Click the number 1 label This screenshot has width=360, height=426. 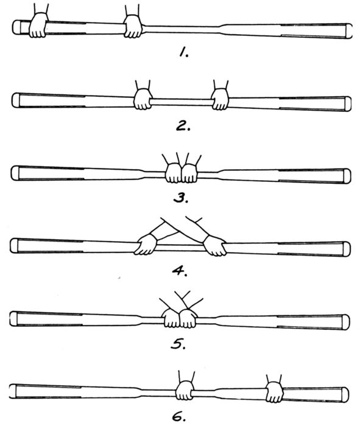click(x=184, y=52)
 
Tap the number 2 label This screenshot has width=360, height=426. click(x=183, y=125)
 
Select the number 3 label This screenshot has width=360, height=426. click(x=181, y=198)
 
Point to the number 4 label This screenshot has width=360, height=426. click(x=180, y=270)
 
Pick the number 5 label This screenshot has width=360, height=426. click(x=178, y=343)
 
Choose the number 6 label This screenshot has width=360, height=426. click(x=179, y=416)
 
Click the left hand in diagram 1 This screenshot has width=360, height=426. click(x=38, y=25)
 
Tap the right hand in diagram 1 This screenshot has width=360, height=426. click(x=133, y=26)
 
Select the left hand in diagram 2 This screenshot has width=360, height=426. click(x=143, y=99)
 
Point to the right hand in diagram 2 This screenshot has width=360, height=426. click(x=221, y=99)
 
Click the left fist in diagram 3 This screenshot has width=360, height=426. click(x=174, y=173)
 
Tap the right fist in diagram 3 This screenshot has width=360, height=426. click(x=189, y=173)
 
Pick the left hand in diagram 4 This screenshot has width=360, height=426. click(x=146, y=245)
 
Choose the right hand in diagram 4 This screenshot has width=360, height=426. click(x=215, y=246)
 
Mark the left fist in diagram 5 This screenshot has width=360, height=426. click(x=171, y=318)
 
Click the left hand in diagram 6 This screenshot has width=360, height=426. click(x=185, y=390)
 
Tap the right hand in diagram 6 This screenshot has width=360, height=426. click(x=275, y=392)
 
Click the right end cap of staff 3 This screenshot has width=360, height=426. click(x=347, y=176)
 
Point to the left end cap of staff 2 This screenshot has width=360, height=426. click(x=16, y=100)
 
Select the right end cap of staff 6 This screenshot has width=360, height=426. click(x=345, y=394)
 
